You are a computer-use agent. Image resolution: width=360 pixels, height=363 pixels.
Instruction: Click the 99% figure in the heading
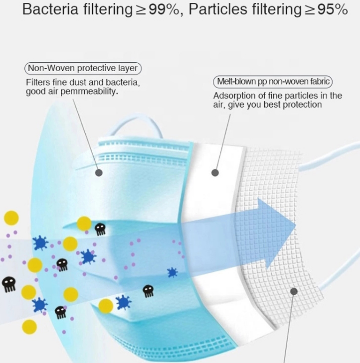coord(164,9)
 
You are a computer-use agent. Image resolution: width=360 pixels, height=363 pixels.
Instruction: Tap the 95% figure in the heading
coord(333,9)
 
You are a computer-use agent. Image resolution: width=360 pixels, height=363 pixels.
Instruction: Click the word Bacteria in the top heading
coord(50,9)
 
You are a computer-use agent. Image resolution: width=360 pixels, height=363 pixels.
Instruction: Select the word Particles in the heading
coord(218,9)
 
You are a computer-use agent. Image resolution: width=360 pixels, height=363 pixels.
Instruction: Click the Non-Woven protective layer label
coord(83,68)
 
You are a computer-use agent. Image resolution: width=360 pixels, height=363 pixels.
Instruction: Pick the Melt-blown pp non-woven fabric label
coord(273,82)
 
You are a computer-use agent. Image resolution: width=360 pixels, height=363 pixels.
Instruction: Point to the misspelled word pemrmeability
coord(89,92)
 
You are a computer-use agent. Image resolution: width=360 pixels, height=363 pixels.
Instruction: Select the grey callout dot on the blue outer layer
coord(99,173)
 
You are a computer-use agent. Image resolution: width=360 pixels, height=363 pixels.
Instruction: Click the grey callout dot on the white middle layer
coord(215,173)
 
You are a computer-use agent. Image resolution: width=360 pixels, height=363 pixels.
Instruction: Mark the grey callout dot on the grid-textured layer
coord(294,291)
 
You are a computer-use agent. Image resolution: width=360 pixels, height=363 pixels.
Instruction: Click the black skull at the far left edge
coord(9,284)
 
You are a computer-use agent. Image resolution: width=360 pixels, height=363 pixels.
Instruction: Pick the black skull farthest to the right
coord(148,291)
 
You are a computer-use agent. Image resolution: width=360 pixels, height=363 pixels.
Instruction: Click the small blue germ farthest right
coord(172,272)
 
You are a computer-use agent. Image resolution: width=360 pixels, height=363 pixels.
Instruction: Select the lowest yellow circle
coord(29,327)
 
